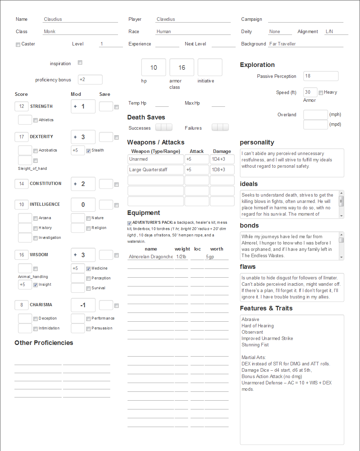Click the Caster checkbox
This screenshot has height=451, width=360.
18,45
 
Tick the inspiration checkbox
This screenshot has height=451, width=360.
80,62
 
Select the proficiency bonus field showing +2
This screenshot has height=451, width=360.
90,80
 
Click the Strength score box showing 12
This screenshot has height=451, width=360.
22,106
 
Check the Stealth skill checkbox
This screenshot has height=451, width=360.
88,151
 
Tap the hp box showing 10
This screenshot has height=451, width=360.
154,67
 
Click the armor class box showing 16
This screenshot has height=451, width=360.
182,67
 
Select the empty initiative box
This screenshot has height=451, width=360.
210,67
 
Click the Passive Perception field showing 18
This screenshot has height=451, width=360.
321,76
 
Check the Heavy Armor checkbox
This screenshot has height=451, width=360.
321,93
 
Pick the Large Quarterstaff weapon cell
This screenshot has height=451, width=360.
155,170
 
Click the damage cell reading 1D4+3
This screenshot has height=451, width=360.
222,159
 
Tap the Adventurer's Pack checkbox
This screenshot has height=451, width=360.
129,223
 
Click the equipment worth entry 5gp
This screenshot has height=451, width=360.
216,257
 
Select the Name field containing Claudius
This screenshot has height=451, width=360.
80,19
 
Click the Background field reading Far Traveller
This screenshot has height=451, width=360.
305,44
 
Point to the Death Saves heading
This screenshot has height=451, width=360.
146,117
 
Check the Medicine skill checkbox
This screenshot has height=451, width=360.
88,269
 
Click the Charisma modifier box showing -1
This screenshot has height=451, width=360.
83,305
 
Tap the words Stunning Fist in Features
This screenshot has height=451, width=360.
255,345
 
